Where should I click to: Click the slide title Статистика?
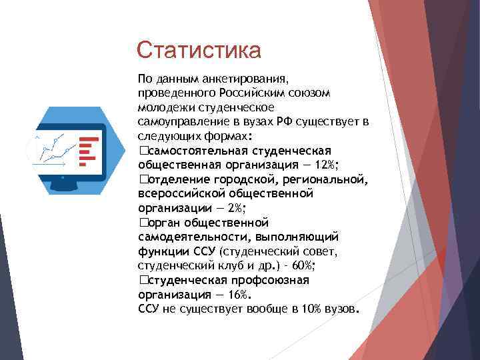tap(198, 49)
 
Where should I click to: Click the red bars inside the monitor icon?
tap(88, 151)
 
